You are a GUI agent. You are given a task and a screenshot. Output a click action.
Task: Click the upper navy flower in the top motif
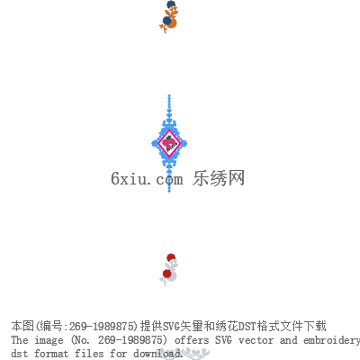tap(171, 4)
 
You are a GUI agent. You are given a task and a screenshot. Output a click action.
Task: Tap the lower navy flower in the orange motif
tap(166, 21)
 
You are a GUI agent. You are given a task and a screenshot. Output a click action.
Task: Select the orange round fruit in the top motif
tap(172, 23)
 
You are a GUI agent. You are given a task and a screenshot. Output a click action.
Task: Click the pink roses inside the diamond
tap(169, 143)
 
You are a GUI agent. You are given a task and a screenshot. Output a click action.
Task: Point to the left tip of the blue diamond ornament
tap(152, 143)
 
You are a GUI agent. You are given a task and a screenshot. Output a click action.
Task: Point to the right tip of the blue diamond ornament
tap(186, 143)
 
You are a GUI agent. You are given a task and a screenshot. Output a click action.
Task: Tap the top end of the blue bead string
tap(169, 95)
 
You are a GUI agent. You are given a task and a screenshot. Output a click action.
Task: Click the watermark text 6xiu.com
tap(147, 179)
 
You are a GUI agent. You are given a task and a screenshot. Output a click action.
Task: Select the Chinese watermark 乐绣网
tap(219, 178)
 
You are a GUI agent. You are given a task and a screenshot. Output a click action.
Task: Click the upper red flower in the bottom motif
tap(171, 257)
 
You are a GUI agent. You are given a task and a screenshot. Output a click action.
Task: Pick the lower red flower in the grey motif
tap(166, 274)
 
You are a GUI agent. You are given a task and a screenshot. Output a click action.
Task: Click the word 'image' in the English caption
tap(49, 340)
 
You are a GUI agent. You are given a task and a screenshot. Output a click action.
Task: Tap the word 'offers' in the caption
tap(192, 340)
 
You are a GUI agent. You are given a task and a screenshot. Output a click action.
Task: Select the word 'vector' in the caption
tap(256, 340)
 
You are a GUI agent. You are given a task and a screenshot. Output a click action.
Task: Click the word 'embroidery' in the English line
tap(332, 341)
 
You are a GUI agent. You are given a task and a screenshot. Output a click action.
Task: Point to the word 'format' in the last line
tap(51, 353)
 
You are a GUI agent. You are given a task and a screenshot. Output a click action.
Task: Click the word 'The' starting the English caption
tap(20, 340)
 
